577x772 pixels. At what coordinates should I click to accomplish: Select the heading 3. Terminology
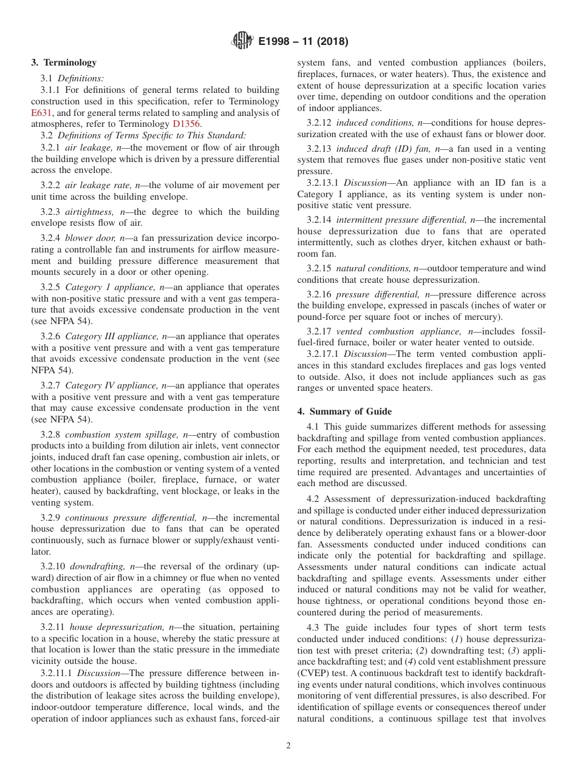pos(64,63)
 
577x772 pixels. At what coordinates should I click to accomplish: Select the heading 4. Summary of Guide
pos(344,411)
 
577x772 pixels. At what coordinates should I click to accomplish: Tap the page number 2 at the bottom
pos(288,746)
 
